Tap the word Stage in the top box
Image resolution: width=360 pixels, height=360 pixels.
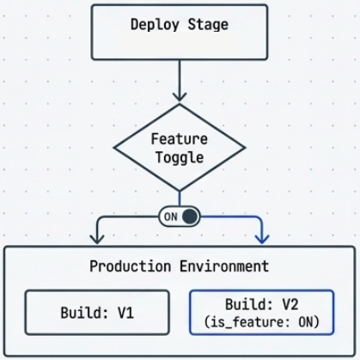206,24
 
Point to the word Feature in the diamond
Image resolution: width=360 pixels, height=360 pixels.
180,138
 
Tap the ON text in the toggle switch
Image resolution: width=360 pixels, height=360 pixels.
170,217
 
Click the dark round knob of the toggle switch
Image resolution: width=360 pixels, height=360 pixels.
189,217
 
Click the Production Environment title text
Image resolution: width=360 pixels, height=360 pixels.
180,266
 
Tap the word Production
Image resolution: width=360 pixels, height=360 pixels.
125,266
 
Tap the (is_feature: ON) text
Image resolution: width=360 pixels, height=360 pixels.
260,322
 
